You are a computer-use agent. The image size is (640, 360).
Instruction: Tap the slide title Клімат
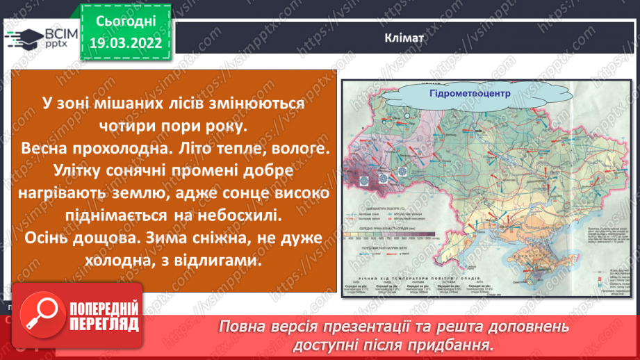coord(403,38)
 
